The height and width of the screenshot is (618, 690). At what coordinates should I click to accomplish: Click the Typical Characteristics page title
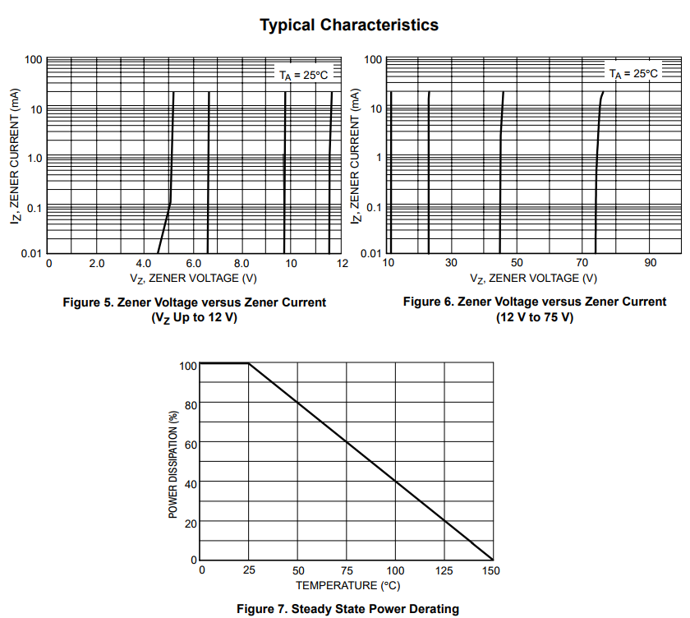pyautogui.click(x=349, y=25)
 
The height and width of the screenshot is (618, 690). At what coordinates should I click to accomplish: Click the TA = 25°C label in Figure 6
pyautogui.click(x=633, y=73)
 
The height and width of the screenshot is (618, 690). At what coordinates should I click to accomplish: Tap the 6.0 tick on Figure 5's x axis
pyautogui.click(x=194, y=264)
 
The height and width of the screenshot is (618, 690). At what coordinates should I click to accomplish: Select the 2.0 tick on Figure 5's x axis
pyautogui.click(x=96, y=264)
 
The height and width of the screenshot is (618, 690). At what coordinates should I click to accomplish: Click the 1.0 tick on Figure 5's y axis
pyautogui.click(x=33, y=158)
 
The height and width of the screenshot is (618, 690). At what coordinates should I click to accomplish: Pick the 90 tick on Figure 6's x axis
pyautogui.click(x=650, y=263)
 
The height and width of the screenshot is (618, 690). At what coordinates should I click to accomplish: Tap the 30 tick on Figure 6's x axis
pyautogui.click(x=451, y=263)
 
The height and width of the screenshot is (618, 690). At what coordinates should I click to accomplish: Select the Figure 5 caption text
pyautogui.click(x=195, y=310)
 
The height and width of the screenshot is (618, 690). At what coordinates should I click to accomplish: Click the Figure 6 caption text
pyautogui.click(x=535, y=309)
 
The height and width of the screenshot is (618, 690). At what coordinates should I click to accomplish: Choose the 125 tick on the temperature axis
pyautogui.click(x=444, y=571)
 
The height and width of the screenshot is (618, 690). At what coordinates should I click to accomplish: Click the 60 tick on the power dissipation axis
pyautogui.click(x=191, y=444)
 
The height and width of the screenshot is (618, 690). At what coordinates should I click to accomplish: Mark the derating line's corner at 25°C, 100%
pyautogui.click(x=249, y=363)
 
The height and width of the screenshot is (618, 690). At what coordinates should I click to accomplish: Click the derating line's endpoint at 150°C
pyautogui.click(x=493, y=560)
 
